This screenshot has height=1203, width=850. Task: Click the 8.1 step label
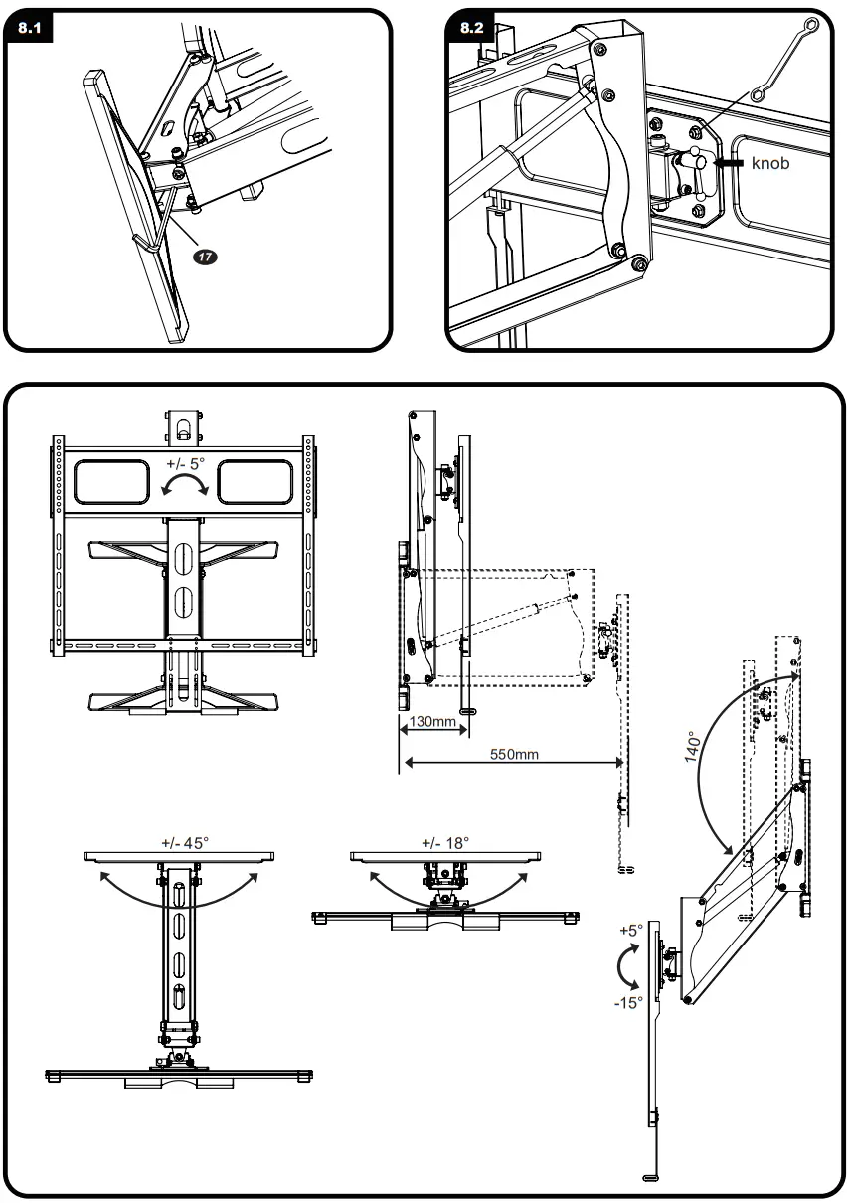pyautogui.click(x=29, y=27)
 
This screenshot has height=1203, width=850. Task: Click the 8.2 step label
pyautogui.click(x=471, y=27)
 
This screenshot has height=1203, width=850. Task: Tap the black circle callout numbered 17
pyautogui.click(x=206, y=257)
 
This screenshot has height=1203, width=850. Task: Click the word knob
pyautogui.click(x=770, y=163)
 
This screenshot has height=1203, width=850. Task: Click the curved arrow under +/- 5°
pyautogui.click(x=184, y=484)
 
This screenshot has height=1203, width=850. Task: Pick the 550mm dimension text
pyautogui.click(x=514, y=754)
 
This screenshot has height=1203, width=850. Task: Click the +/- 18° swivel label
pyautogui.click(x=445, y=842)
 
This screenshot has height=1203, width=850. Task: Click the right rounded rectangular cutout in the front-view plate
pyautogui.click(x=255, y=482)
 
